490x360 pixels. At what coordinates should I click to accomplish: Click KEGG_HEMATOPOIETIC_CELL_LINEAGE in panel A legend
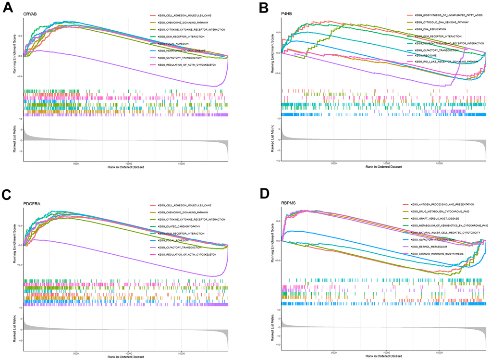(180, 50)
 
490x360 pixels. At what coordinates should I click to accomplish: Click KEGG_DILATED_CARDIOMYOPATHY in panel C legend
(181, 226)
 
